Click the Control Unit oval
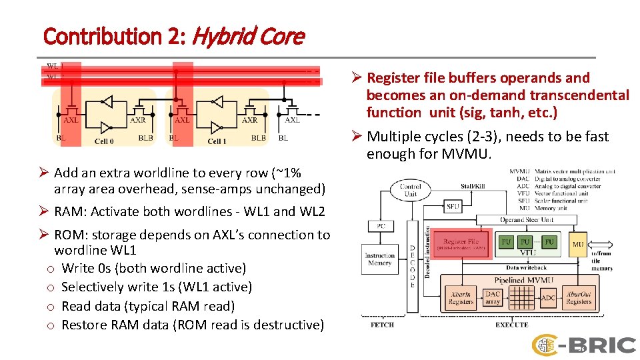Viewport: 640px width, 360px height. pyautogui.click(x=411, y=190)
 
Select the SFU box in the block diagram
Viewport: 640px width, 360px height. pyautogui.click(x=453, y=207)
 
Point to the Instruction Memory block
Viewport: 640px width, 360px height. pyautogui.click(x=379, y=259)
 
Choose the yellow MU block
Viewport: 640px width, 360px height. pyautogui.click(x=578, y=245)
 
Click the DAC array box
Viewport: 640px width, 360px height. pyautogui.click(x=493, y=297)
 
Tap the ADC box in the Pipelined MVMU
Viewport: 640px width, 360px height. pyautogui.click(x=548, y=297)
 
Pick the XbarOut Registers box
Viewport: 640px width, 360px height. pyautogui.click(x=579, y=297)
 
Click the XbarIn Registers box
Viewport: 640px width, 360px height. pyautogui.click(x=461, y=297)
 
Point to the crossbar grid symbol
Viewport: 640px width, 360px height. pyautogui.click(x=521, y=297)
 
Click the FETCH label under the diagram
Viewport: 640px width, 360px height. pyautogui.click(x=382, y=325)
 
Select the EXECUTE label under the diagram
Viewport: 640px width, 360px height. pyautogui.click(x=511, y=325)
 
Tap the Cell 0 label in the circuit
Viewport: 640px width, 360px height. pyautogui.click(x=105, y=141)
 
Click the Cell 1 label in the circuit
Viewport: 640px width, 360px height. pyautogui.click(x=217, y=141)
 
